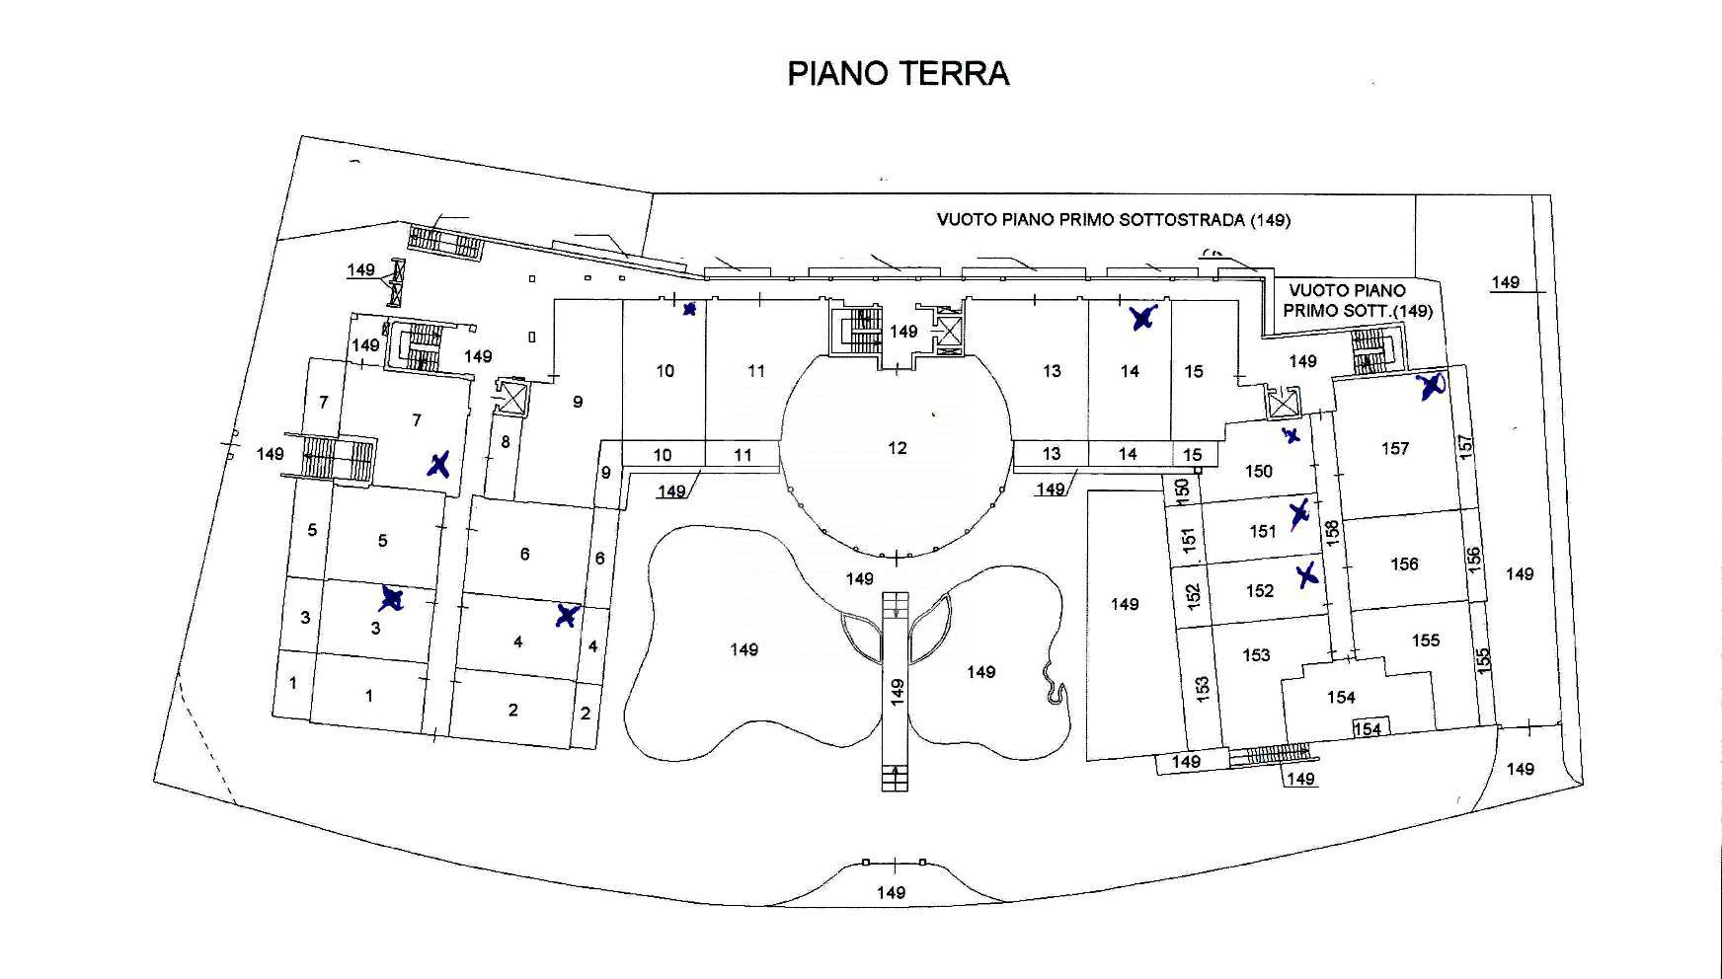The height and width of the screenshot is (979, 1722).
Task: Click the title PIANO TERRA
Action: click(x=898, y=74)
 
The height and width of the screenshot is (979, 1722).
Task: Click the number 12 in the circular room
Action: click(x=897, y=448)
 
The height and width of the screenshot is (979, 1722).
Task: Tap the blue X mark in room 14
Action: click(x=1142, y=318)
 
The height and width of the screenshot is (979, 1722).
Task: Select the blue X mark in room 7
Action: click(x=439, y=465)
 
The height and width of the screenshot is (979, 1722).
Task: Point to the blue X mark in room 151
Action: click(x=1299, y=513)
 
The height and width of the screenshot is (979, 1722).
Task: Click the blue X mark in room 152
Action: click(x=1307, y=574)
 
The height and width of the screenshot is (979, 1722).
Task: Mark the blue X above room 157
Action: click(x=1432, y=386)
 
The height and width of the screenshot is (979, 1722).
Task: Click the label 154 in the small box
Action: click(x=1367, y=729)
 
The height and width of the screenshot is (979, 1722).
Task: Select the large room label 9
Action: click(x=578, y=402)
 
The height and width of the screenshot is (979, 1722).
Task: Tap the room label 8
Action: click(x=506, y=442)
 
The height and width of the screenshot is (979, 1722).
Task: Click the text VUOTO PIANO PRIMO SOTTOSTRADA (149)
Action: click(x=1113, y=219)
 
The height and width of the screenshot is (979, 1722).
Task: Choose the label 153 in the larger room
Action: click(x=1256, y=655)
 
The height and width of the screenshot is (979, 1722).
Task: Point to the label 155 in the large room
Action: click(x=1425, y=640)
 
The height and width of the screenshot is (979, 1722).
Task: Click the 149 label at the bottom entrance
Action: click(x=891, y=892)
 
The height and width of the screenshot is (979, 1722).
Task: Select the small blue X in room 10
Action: click(x=689, y=309)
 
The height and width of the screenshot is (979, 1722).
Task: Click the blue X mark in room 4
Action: click(x=566, y=616)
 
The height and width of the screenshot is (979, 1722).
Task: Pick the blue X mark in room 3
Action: click(x=392, y=598)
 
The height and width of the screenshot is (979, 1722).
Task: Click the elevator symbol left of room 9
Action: click(x=513, y=398)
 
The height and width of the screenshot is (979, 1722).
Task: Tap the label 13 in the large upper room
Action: click(x=1052, y=371)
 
